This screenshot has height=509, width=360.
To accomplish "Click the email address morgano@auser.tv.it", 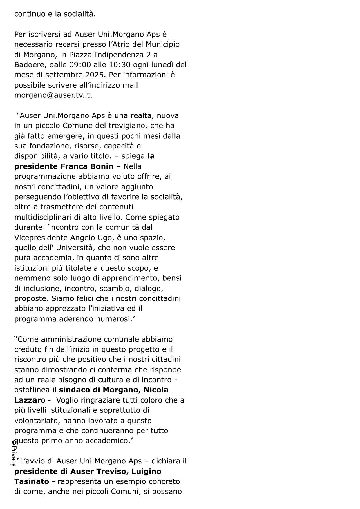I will tap(53, 95).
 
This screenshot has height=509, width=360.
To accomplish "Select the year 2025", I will tap(95, 75).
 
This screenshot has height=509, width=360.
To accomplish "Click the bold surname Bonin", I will tap(103, 166).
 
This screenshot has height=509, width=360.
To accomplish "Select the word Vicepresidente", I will tap(41, 238).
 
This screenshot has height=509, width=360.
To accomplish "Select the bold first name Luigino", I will tap(146, 472).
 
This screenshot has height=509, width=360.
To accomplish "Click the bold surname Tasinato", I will tap(32, 482).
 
